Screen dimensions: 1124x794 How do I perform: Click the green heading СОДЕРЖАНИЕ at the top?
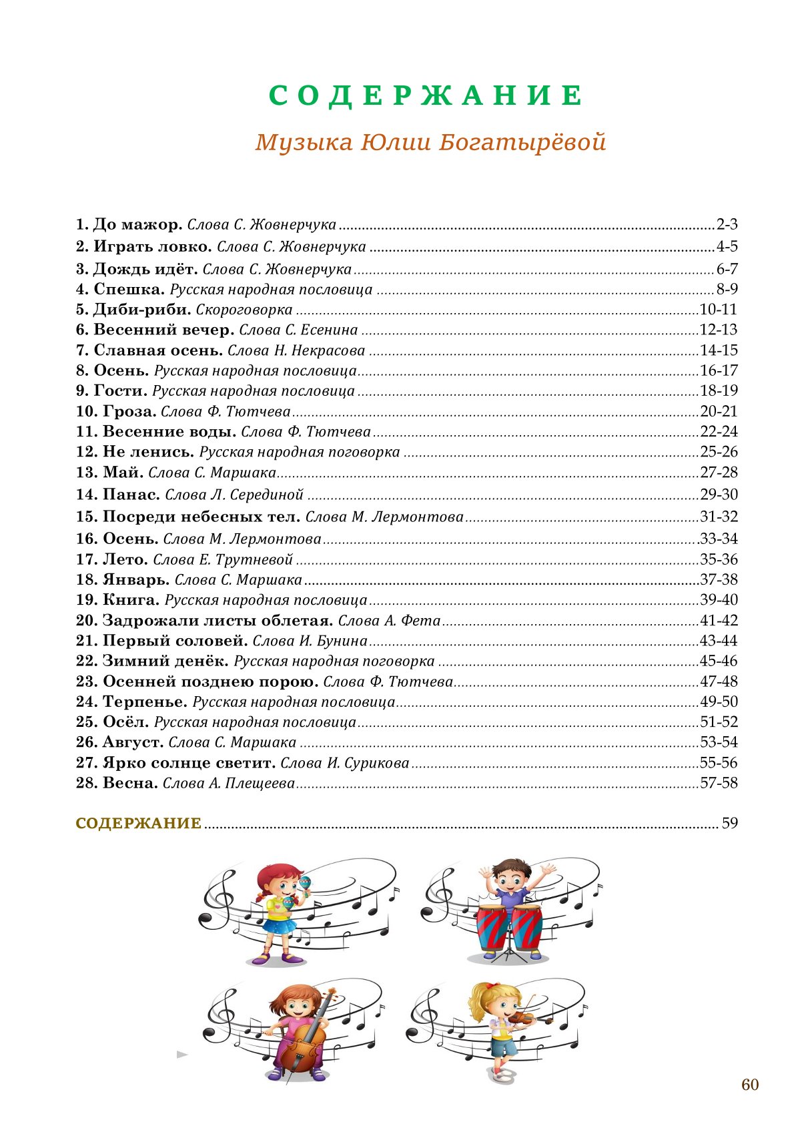(x=426, y=96)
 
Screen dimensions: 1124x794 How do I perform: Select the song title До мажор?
(x=137, y=224)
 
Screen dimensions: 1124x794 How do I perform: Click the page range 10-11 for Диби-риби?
(x=719, y=310)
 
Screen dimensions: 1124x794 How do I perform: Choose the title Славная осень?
(x=158, y=350)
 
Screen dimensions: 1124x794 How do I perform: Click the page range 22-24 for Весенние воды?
(x=719, y=432)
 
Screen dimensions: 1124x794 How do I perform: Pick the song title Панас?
(x=131, y=495)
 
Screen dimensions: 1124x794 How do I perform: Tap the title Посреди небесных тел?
(x=202, y=517)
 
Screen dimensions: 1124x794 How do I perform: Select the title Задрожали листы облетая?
(x=218, y=621)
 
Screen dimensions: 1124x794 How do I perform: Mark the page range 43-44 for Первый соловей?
(x=719, y=641)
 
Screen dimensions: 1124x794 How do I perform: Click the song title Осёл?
(x=126, y=722)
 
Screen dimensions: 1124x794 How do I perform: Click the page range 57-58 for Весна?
(x=719, y=783)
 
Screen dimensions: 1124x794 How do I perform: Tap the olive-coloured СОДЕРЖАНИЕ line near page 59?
(x=139, y=824)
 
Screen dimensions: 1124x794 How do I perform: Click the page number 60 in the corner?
(x=750, y=1085)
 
